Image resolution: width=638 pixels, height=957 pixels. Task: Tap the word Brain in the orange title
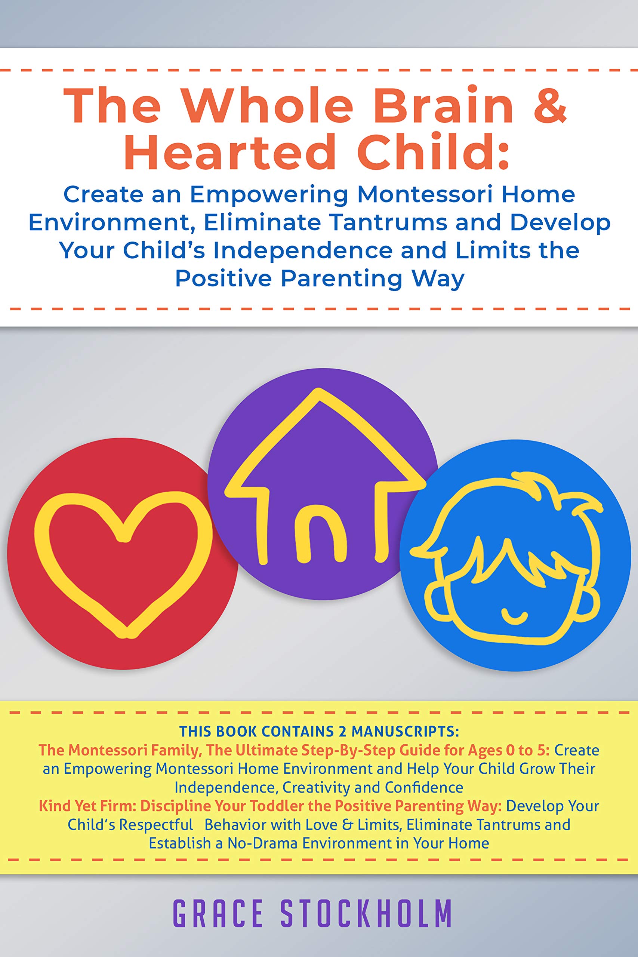(x=444, y=105)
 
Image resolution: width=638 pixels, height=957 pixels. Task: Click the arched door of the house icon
(x=321, y=537)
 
